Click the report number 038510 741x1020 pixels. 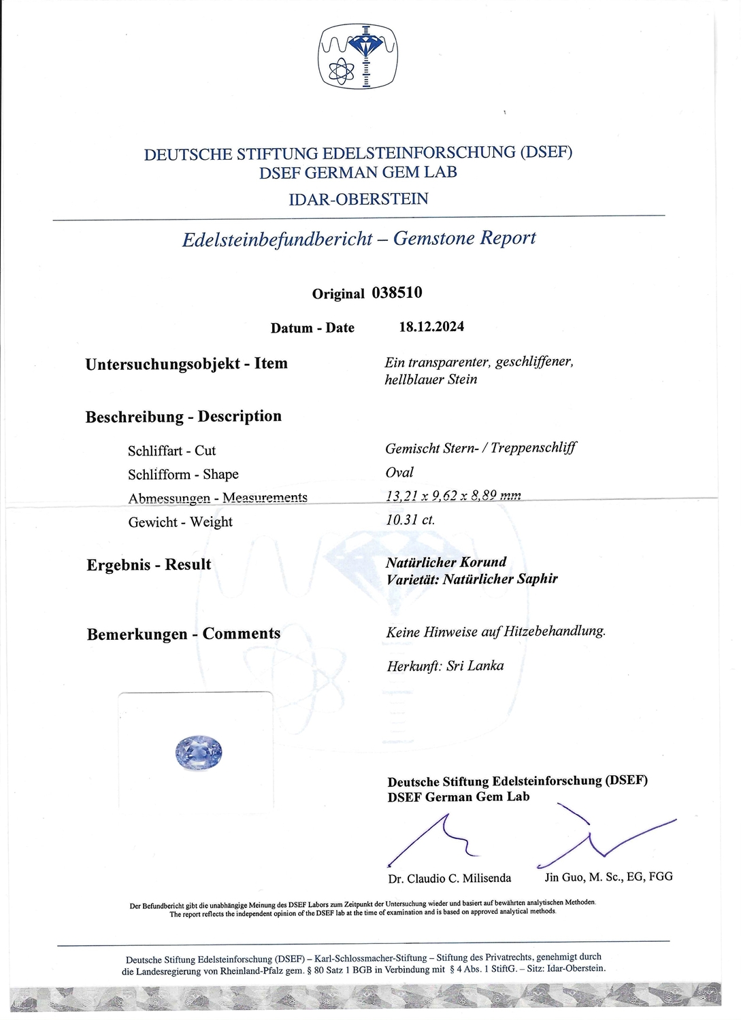point(397,292)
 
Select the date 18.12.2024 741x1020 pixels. point(431,326)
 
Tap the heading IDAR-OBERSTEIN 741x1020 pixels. point(359,199)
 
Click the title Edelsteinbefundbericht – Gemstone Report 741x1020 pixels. point(359,239)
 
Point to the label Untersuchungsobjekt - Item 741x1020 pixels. point(186,364)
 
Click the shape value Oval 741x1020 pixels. point(399,473)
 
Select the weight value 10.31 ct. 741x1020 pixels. point(410,520)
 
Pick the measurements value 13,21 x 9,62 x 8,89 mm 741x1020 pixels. point(453,496)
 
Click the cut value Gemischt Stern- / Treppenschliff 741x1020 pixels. point(480,448)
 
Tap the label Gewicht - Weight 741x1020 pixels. point(180,522)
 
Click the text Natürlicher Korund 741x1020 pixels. point(446,562)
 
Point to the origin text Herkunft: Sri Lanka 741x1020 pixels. point(445,666)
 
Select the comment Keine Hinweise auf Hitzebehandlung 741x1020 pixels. point(495,632)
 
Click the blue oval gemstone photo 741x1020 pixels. point(199,751)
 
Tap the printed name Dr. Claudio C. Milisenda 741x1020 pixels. point(449,879)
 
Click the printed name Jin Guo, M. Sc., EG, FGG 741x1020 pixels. point(608,877)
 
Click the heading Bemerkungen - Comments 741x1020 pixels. point(184,634)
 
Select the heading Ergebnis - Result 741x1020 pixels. point(149,565)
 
